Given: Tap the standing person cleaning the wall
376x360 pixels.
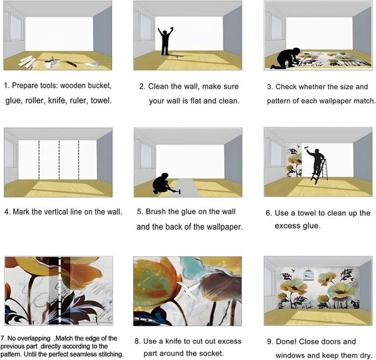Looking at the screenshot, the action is (165, 41).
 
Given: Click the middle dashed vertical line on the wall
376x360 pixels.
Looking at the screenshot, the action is (59, 160).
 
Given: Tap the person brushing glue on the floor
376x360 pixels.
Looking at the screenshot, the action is (162, 183).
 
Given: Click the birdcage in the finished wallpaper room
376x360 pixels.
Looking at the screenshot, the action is (308, 275).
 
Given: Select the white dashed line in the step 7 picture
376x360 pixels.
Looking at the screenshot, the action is (60, 291).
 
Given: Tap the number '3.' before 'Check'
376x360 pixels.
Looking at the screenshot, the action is (270, 87).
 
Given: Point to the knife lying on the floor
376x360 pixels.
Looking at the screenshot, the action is (71, 64).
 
